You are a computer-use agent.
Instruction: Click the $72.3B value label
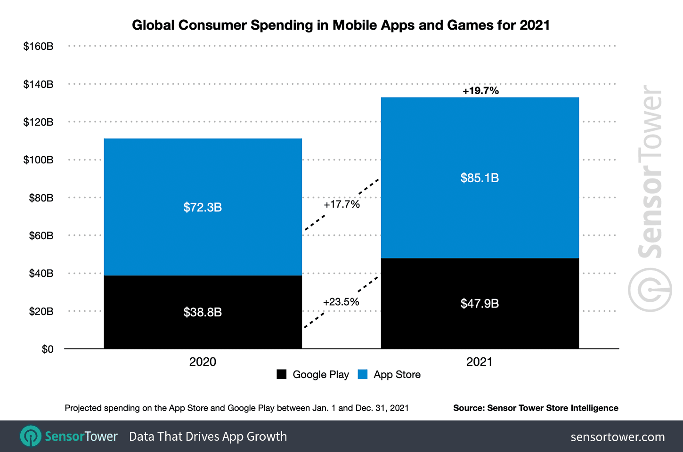pos(203,207)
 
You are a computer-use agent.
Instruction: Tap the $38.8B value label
pos(203,312)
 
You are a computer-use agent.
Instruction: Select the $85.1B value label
pos(480,178)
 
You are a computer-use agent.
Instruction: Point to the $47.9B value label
pos(480,304)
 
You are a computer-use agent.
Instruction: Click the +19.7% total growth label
pos(480,90)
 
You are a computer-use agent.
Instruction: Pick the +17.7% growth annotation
pos(341,204)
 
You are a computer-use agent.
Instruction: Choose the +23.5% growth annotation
pos(341,302)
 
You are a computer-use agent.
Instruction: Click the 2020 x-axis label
pos(203,362)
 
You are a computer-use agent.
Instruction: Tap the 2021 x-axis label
pos(479,362)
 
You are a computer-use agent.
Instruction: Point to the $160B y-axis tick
pos(38,46)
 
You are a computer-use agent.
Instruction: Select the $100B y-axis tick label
pos(38,160)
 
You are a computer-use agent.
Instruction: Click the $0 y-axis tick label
pos(47,349)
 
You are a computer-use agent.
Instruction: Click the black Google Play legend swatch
pos(282,374)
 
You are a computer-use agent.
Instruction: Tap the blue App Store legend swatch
pos(363,374)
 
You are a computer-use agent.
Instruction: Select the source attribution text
pos(536,408)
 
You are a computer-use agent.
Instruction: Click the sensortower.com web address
pos(618,437)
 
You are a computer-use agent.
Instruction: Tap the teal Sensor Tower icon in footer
pos(31,436)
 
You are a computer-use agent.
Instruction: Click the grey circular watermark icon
pos(650,290)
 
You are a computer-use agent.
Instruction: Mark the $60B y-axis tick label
pos(41,235)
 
